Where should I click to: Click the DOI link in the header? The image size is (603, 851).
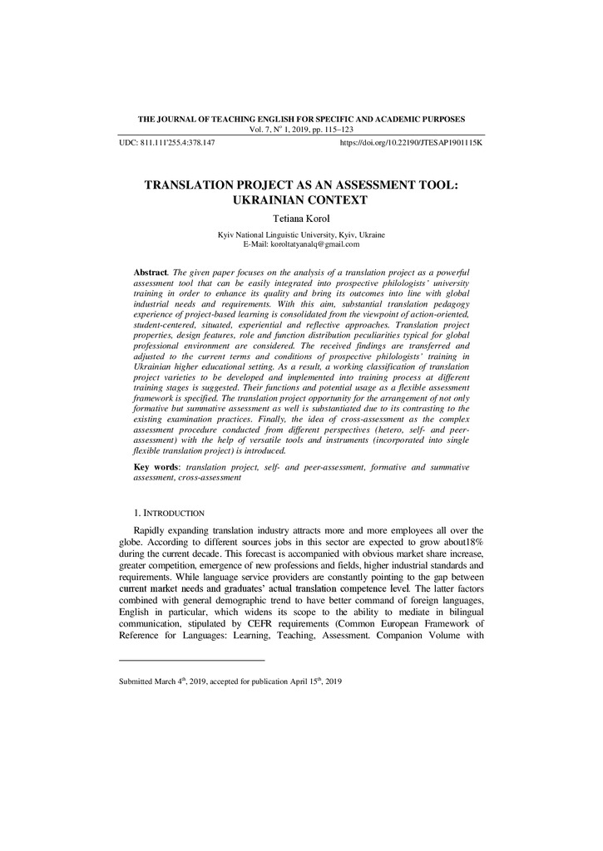coord(412,143)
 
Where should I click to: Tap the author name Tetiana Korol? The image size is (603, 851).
coord(301,218)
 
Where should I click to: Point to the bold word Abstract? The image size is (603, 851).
coord(151,273)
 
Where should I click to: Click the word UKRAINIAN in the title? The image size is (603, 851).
coord(267,199)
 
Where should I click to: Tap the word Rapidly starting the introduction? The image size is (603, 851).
coord(152,529)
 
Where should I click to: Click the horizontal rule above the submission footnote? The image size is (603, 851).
coord(192,661)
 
